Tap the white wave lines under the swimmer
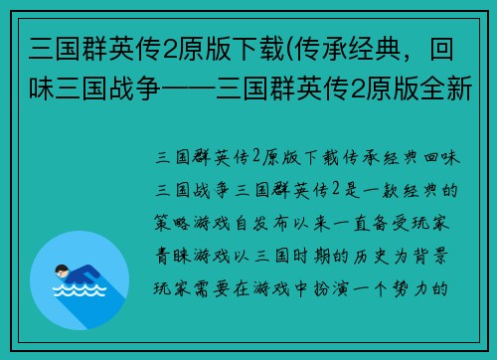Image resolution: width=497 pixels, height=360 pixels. click(79, 291)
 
